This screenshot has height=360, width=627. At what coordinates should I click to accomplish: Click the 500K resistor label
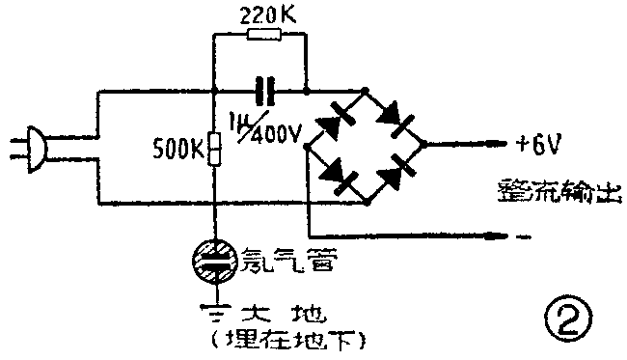point(178,149)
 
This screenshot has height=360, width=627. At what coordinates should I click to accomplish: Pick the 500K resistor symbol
point(213,149)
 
